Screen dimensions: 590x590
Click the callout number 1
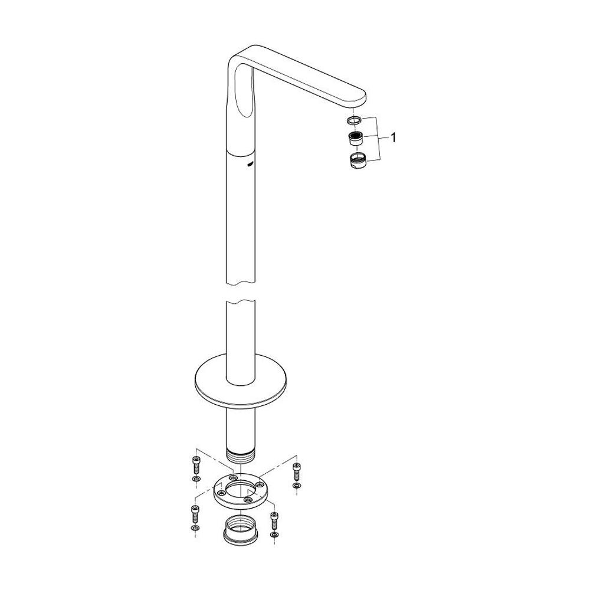pyautogui.click(x=394, y=139)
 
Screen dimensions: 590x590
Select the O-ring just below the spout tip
pyautogui.click(x=354, y=121)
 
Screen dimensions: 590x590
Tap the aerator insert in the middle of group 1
pyautogui.click(x=356, y=139)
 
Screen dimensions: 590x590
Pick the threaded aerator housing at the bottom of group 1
pyautogui.click(x=357, y=161)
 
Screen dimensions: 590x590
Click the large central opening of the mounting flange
pyautogui.click(x=240, y=490)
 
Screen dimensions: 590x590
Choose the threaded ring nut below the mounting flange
pyautogui.click(x=240, y=527)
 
